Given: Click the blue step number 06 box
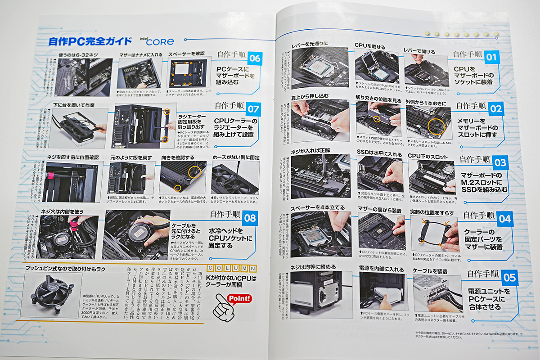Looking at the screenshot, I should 255,58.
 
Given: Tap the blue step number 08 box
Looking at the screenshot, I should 250,219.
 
